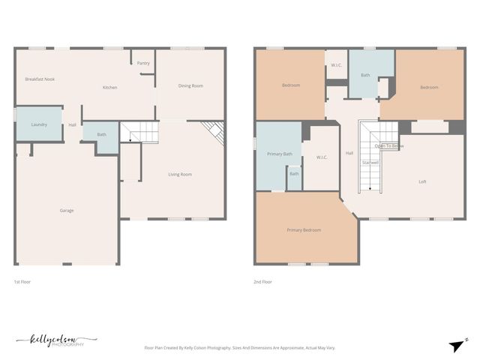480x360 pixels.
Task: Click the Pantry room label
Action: click(x=143, y=63)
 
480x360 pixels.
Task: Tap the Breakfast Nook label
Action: click(x=40, y=79)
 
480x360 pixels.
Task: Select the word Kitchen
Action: click(x=110, y=88)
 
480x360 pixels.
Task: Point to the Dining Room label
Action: click(x=190, y=85)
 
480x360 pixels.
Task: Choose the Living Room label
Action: click(x=180, y=174)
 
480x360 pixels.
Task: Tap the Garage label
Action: click(x=67, y=210)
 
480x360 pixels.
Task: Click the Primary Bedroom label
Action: click(x=304, y=229)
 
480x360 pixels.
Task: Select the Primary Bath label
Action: click(x=279, y=154)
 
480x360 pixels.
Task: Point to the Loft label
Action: click(x=423, y=181)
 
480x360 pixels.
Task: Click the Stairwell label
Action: click(x=370, y=162)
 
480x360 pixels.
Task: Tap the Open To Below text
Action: click(x=390, y=145)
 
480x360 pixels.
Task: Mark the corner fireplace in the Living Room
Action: click(x=215, y=133)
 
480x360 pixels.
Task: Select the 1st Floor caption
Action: click(x=22, y=282)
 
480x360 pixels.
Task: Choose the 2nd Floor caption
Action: click(x=262, y=282)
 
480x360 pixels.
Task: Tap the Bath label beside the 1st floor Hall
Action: click(x=101, y=135)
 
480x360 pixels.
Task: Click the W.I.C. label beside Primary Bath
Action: click(x=321, y=157)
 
